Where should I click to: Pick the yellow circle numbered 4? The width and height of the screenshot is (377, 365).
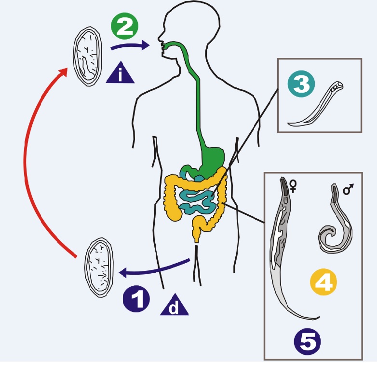pos(323,282)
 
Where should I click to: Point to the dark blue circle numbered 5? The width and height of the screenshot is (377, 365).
pos(307,342)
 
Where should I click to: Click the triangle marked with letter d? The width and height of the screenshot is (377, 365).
pos(174,305)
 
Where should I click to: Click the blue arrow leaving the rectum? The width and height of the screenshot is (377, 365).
pos(154,268)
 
